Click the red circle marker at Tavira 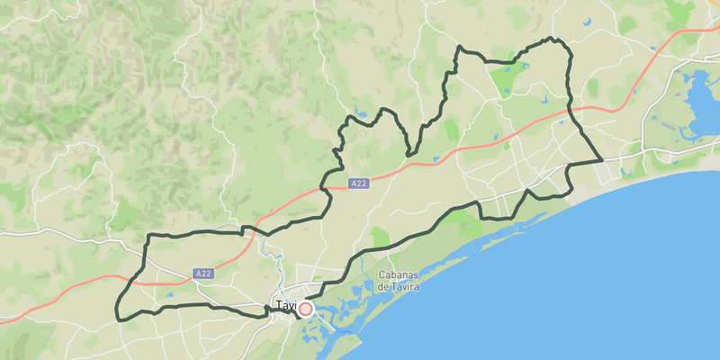(x=306, y=309)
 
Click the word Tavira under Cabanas (x=400, y=286)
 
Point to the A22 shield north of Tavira (x=359, y=184)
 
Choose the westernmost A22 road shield (x=204, y=273)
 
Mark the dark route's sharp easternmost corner (x=601, y=161)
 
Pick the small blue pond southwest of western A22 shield (x=169, y=294)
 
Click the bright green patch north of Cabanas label (x=379, y=238)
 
